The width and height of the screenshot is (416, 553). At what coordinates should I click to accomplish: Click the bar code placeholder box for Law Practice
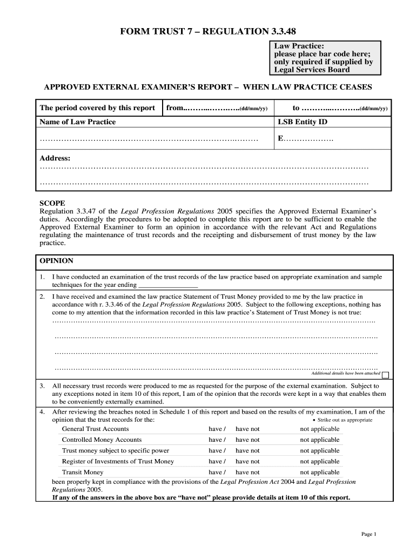click(324, 58)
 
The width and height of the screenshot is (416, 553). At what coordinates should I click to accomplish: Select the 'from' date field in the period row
click(217, 108)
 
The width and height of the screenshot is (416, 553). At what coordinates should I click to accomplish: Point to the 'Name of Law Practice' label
click(78, 122)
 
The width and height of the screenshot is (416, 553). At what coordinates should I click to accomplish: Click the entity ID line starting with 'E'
click(305, 139)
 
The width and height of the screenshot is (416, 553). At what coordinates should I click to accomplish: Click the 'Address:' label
click(55, 158)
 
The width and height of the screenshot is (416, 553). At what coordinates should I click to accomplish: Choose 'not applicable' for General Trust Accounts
click(320, 429)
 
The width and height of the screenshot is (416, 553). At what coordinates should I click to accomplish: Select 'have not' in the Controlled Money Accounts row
click(247, 440)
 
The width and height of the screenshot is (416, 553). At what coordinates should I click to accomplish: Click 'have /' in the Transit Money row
click(217, 472)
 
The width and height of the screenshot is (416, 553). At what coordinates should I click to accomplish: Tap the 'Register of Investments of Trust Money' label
click(118, 461)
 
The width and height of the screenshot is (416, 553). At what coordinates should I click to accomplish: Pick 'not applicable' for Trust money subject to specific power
click(320, 450)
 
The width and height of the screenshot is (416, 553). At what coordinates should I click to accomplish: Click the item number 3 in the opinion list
click(42, 386)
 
